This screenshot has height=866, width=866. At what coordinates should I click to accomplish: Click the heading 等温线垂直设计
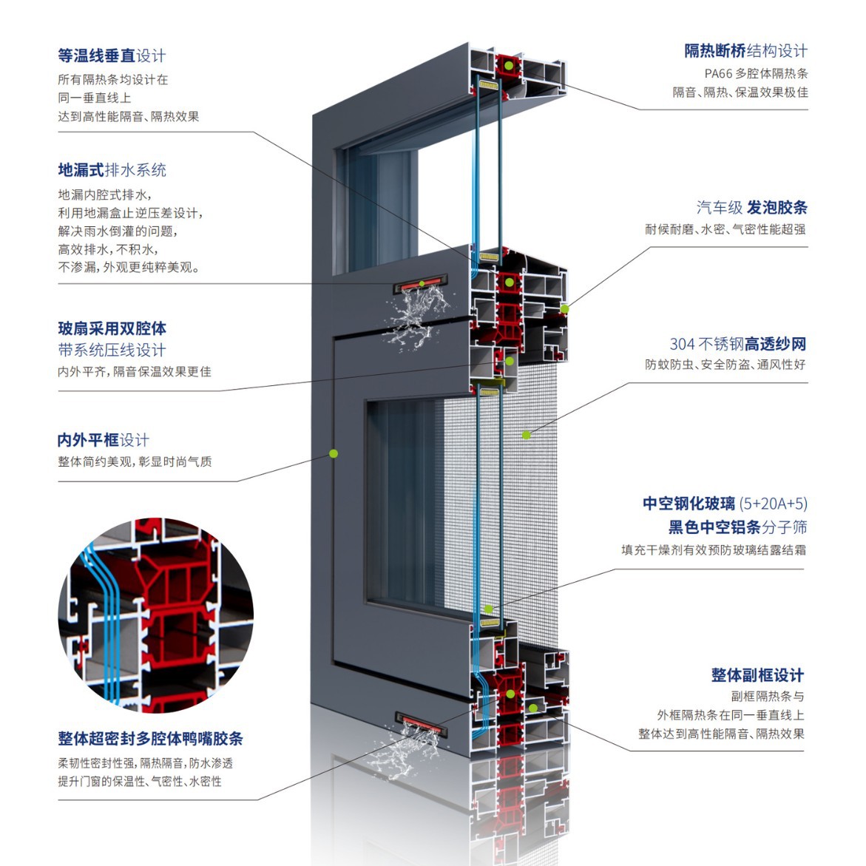point(112,56)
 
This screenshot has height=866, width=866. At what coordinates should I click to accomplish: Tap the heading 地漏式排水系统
point(112,170)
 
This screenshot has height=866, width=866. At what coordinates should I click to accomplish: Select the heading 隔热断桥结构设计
point(745,51)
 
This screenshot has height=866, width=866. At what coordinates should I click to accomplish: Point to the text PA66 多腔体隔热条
point(756,73)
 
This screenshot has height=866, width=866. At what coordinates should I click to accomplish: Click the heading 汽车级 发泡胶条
point(751,208)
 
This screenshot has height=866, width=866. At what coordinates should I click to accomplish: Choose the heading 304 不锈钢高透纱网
point(737,344)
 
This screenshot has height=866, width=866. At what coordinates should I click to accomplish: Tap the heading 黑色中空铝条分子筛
point(737,527)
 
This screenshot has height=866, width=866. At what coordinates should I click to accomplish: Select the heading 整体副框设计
point(757,675)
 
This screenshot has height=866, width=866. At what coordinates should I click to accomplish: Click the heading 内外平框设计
point(103,441)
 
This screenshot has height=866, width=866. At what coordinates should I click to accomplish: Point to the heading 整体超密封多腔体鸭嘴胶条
point(150,739)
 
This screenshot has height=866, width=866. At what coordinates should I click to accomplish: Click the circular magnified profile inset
point(156,615)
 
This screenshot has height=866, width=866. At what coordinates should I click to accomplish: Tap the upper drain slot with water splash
point(423,283)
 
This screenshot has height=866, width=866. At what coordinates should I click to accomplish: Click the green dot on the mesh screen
point(527,435)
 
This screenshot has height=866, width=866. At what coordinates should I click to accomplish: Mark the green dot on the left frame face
point(334,453)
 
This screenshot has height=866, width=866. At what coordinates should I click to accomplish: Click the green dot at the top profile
point(510,66)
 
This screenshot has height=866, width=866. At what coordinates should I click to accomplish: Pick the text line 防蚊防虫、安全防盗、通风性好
point(725,365)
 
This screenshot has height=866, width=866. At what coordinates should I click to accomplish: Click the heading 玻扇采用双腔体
point(112,329)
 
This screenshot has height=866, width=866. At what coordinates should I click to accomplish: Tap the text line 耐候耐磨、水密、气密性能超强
point(725,229)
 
